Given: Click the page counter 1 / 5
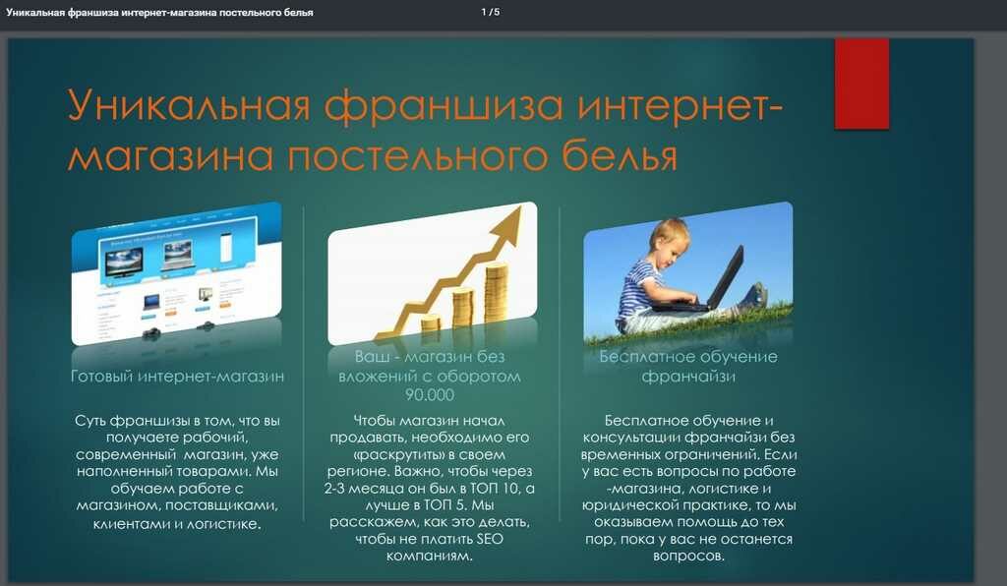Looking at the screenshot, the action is (490, 12).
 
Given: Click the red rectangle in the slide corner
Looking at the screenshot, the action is (861, 84).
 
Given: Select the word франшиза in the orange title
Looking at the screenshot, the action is (444, 106).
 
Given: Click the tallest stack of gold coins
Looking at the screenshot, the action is (496, 292).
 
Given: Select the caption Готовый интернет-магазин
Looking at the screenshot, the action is (177, 377).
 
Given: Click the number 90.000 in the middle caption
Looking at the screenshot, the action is (430, 394).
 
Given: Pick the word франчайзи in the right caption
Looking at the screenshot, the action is (687, 377).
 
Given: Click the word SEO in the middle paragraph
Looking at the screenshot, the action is (490, 539).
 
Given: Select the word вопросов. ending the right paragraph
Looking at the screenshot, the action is (688, 556).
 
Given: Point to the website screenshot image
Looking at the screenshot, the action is (176, 273).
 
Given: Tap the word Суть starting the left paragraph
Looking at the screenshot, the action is (89, 421).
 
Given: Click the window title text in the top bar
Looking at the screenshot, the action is (160, 12).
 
